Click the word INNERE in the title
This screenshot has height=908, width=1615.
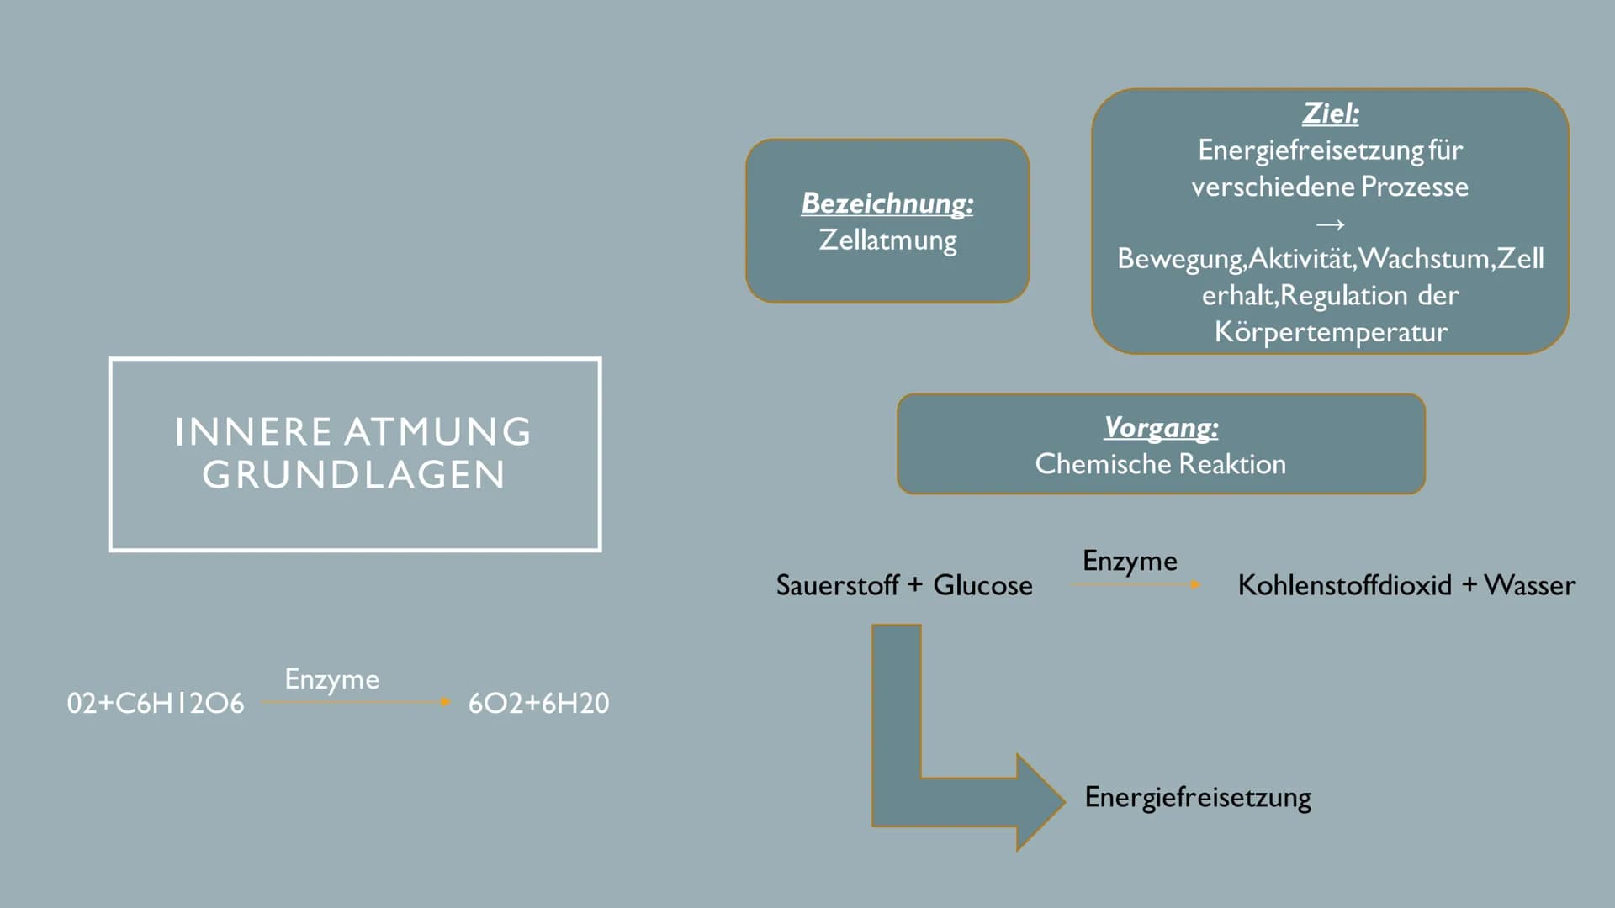pos(253,432)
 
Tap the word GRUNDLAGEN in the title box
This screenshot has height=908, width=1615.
pos(354,475)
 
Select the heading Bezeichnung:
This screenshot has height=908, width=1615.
pos(887,203)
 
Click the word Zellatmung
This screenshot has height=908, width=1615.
pos(887,240)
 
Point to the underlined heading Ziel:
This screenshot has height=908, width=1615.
pos(1330,113)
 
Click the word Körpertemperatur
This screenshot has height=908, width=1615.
pos(1331,332)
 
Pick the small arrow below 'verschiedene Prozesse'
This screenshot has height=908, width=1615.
pos(1330,224)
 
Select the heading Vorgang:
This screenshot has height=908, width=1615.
pos(1161,428)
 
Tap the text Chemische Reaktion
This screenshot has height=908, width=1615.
pos(1161,464)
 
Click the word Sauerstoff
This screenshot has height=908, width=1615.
pos(837,585)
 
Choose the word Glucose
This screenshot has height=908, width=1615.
pos(982,585)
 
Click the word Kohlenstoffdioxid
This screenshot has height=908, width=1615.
pos(1344,585)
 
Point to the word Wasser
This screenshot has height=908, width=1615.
pos(1529,585)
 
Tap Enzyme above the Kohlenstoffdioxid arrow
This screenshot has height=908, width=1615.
pos(1130,561)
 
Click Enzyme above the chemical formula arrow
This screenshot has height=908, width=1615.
pos(331,679)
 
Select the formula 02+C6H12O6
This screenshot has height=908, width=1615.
pos(156,704)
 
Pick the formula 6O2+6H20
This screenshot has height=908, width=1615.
pos(538,704)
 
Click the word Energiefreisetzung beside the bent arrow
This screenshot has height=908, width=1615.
pos(1198,797)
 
